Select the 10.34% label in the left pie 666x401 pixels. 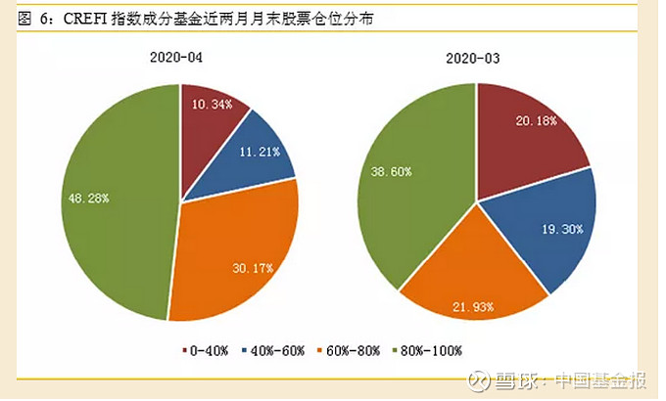tap(213, 103)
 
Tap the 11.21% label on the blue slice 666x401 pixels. tap(259, 152)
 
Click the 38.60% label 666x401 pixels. tap(392, 172)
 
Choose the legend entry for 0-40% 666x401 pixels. tap(208, 349)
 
